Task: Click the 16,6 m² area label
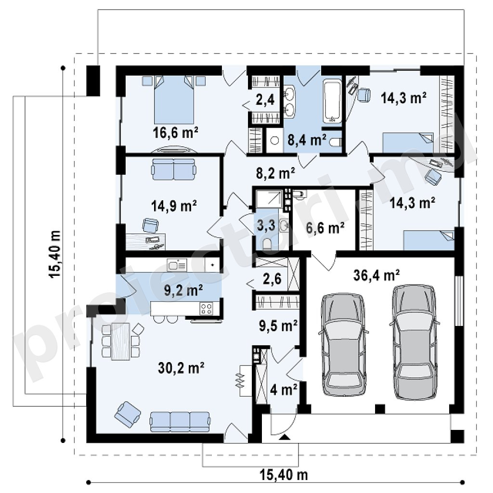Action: pos(175,132)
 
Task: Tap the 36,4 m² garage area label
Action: pos(376,275)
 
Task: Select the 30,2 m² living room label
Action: pos(181,367)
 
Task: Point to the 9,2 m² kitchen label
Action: pos(183,290)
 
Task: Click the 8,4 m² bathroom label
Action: pos(307,140)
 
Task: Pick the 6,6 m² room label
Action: pos(325,228)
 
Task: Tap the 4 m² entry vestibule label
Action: pos(284,390)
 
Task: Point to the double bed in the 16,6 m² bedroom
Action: pos(174,100)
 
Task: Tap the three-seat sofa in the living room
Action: pos(180,422)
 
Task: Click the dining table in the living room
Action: pos(121,341)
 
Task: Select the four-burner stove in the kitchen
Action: pos(206,308)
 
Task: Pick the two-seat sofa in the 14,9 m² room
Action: pos(173,169)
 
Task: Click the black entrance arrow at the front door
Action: pos(284,437)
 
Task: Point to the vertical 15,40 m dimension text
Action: pos(54,254)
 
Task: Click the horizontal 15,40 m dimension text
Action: pos(284,475)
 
